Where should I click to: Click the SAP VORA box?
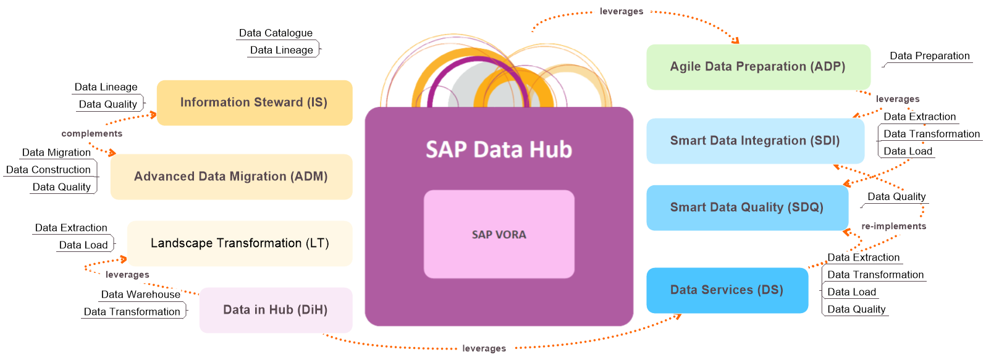click(499, 234)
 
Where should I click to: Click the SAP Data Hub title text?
click(499, 149)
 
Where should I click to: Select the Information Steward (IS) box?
click(254, 103)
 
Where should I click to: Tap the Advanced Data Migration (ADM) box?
click(231, 177)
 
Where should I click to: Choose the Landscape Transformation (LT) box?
click(240, 243)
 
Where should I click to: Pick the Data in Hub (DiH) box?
click(276, 310)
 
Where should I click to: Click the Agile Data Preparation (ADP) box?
click(758, 67)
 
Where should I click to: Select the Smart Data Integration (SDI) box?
click(755, 141)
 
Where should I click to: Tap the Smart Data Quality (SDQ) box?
click(747, 207)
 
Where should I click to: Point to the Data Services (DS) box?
click(727, 290)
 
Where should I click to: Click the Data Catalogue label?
click(276, 33)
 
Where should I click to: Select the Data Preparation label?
click(929, 56)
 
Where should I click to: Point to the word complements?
click(91, 133)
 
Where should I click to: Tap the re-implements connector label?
click(893, 226)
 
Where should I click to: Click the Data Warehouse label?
click(141, 295)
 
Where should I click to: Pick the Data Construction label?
click(48, 170)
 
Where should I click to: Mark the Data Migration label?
click(56, 153)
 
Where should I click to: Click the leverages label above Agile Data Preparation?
click(622, 11)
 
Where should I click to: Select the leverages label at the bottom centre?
click(484, 348)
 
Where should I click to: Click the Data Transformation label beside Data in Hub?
click(132, 312)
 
